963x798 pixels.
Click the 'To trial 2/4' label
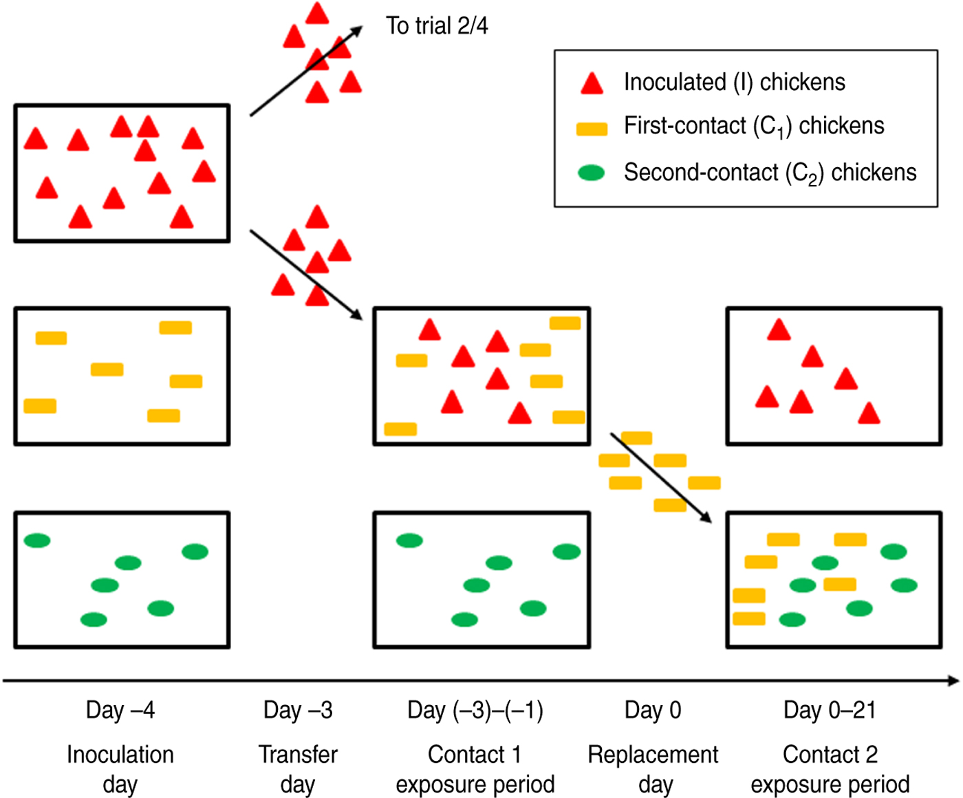tap(437, 26)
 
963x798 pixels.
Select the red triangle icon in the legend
tap(592, 83)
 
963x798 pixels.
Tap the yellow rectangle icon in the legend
tap(592, 129)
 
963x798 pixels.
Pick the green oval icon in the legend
tap(592, 173)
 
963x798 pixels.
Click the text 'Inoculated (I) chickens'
tap(734, 82)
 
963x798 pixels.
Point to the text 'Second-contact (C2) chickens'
tap(770, 173)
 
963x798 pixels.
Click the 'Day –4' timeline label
tap(120, 710)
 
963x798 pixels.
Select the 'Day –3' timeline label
tap(298, 710)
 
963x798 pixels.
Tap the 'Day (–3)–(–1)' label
tap(475, 710)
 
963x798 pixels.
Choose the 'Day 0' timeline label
tap(653, 710)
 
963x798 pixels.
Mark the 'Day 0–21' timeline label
tap(830, 710)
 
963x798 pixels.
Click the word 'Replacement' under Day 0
tap(653, 755)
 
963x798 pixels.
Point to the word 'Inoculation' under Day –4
tap(120, 755)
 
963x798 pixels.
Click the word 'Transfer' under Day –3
tap(298, 755)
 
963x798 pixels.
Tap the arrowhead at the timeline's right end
tap(953, 680)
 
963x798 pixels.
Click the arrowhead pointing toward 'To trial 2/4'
tap(357, 31)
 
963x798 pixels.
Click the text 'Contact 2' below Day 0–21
tap(830, 755)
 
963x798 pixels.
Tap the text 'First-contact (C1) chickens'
tap(754, 127)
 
